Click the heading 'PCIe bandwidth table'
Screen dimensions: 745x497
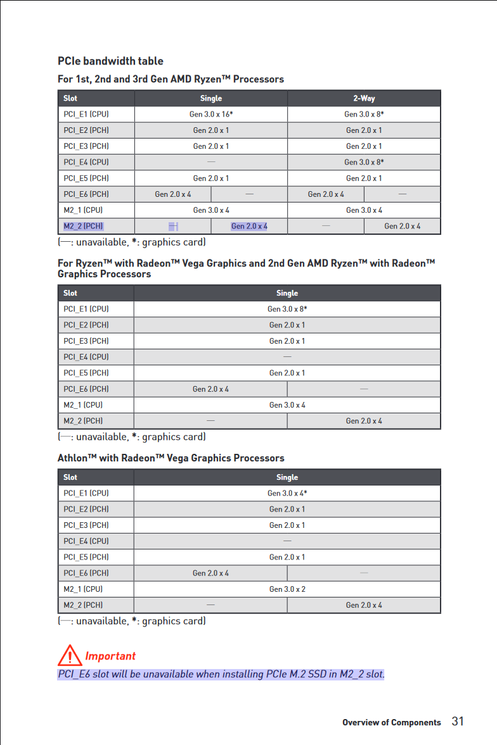110,61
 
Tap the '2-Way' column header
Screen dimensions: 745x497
364,98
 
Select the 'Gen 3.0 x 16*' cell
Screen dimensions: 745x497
211,115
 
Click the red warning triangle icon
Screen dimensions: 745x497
69,654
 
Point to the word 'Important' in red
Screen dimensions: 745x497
110,656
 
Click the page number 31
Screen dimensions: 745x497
458,722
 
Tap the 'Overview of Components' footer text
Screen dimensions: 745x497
391,722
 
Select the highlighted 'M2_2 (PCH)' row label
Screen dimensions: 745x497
84,226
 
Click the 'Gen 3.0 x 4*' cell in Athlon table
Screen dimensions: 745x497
287,493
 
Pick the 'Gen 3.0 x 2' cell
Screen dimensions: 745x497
287,589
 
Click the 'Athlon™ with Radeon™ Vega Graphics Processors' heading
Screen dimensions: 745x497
171,458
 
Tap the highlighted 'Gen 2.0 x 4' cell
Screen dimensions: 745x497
249,226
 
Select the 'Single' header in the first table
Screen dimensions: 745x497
211,98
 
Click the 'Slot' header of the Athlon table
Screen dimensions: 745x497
70,477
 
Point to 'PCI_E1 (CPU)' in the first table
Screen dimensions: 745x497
86,115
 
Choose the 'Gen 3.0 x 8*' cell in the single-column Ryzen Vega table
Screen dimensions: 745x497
287,310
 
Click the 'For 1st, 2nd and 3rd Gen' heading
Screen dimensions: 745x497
171,79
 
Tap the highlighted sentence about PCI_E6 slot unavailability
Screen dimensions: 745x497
221,673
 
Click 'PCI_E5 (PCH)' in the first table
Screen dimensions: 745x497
86,178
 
